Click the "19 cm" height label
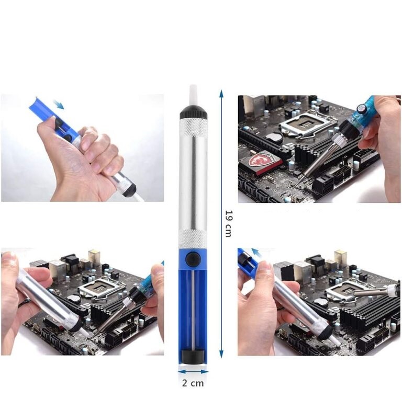[228, 224]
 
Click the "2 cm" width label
[193, 383]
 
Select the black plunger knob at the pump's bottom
[193, 357]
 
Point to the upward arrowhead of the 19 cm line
[221, 93]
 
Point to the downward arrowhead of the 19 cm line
[221, 354]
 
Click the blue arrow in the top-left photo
[59, 105]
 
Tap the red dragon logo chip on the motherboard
[264, 162]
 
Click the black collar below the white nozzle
[193, 112]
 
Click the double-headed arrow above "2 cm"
[193, 372]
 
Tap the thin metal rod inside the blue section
[193, 310]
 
